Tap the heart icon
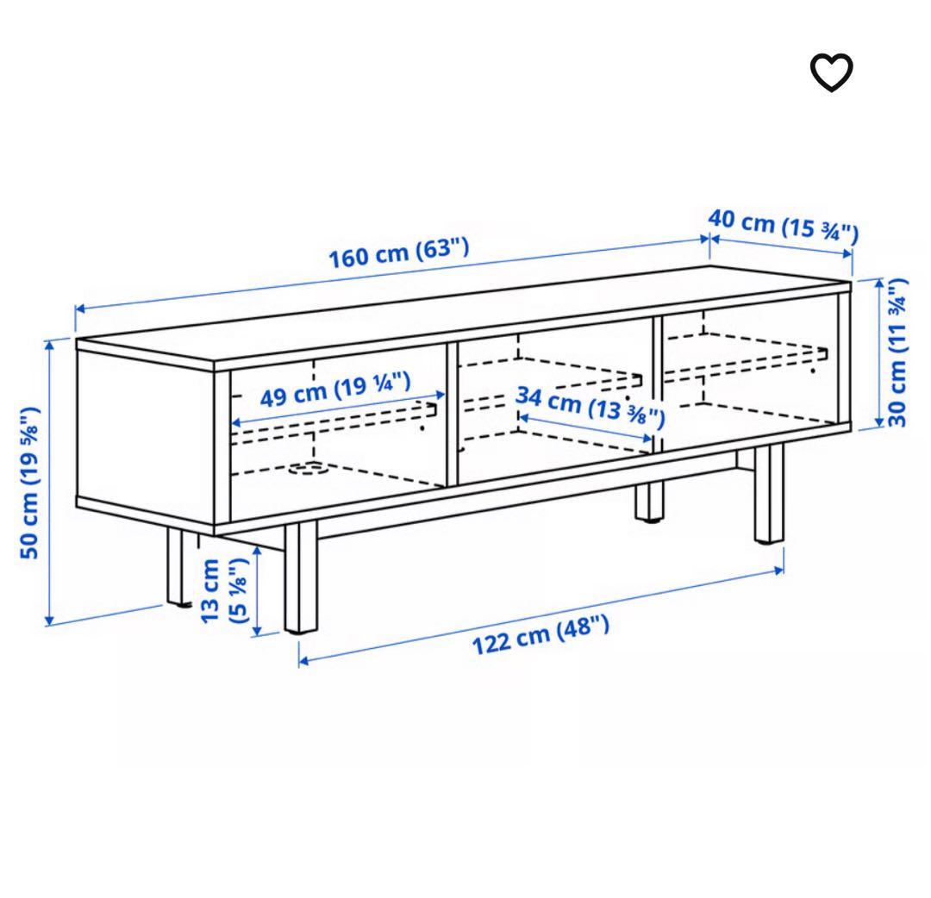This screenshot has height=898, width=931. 831,73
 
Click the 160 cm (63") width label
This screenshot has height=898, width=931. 398,252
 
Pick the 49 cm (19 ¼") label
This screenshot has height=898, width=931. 335,392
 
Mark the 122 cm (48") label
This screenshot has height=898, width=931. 540,635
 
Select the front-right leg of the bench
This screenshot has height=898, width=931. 768,496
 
